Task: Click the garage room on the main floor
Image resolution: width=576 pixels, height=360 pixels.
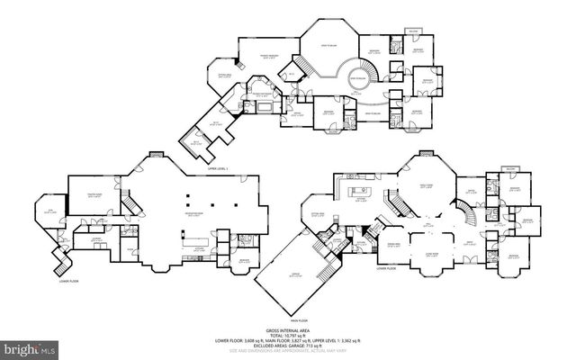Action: point(286,276)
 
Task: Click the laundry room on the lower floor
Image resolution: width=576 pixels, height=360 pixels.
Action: point(95,238)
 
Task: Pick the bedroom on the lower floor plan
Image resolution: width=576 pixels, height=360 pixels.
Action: point(244,261)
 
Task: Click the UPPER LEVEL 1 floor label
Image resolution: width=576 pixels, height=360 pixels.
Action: point(220,168)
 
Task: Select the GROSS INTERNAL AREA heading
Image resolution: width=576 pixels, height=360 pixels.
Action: point(287,331)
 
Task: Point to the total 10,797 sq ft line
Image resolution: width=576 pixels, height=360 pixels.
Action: point(287,337)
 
